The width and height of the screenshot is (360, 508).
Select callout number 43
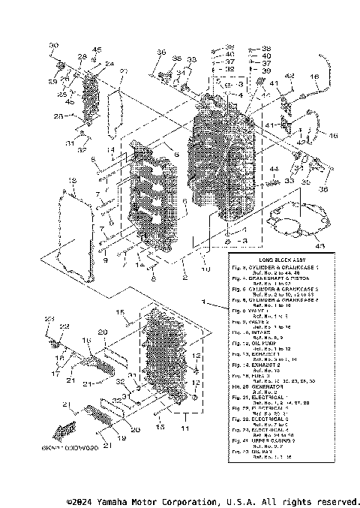(x=321, y=245)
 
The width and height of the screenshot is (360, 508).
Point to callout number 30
(x=53, y=47)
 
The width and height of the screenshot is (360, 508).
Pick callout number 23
(x=50, y=320)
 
